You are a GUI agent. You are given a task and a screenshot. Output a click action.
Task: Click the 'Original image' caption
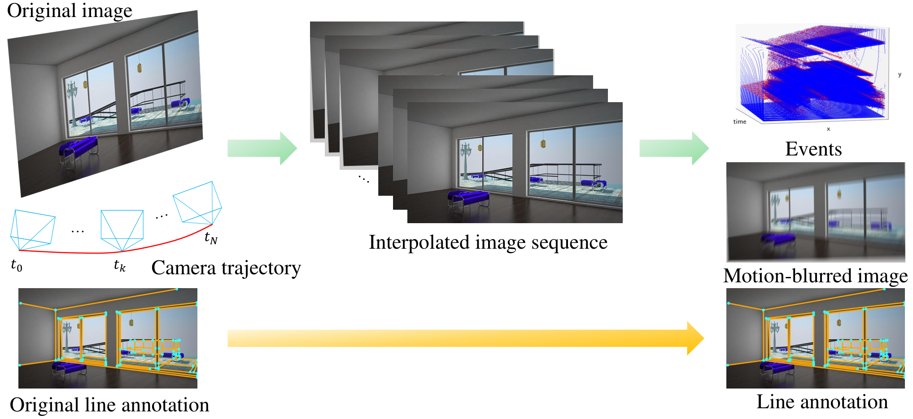(x=70, y=11)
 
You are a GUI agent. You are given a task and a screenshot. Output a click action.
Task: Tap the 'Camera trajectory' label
(x=226, y=268)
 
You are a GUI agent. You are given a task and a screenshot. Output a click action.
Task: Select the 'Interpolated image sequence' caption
(x=488, y=242)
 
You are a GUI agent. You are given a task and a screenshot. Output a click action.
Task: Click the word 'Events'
(x=813, y=149)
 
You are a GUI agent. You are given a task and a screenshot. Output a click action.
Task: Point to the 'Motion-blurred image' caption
(x=816, y=276)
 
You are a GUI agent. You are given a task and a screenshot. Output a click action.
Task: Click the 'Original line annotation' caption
(x=109, y=405)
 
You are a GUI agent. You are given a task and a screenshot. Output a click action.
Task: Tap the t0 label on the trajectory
(x=17, y=265)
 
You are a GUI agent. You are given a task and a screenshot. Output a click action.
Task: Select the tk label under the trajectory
(x=120, y=265)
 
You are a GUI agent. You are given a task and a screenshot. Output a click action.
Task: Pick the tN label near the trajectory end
(x=211, y=238)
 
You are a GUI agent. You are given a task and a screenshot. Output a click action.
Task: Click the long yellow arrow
(x=466, y=338)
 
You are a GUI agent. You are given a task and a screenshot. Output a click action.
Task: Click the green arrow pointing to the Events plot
(x=674, y=148)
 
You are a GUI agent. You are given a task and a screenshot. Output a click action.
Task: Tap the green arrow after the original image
(x=262, y=148)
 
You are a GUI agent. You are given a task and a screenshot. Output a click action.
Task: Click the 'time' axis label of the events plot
(x=740, y=121)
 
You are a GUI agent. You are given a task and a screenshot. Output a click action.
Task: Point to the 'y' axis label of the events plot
(x=900, y=74)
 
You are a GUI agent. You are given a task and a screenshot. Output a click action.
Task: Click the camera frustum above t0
(x=33, y=230)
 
